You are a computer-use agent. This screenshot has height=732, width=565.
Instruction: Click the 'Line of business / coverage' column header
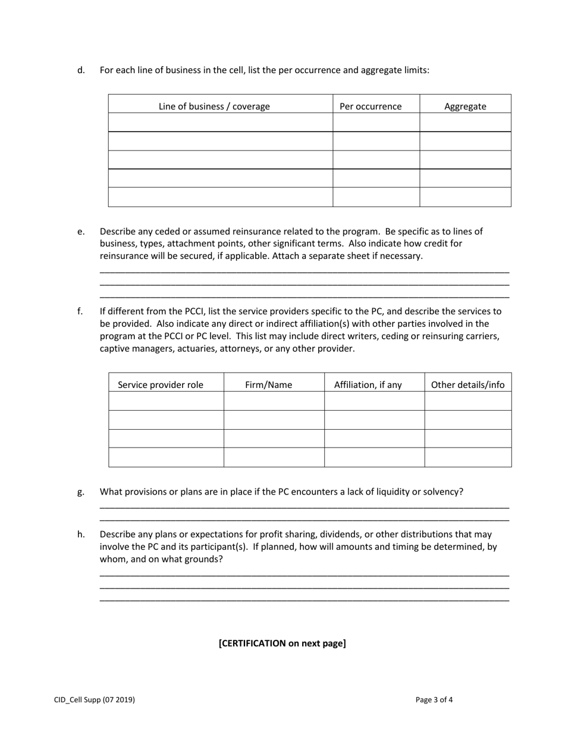[214, 107]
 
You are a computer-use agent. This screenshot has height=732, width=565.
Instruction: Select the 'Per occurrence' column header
[371, 107]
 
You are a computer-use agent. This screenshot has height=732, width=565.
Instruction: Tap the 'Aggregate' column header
[465, 107]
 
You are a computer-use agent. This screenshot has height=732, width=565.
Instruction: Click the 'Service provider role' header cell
[161, 384]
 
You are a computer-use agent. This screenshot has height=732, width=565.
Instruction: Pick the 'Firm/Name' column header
[269, 384]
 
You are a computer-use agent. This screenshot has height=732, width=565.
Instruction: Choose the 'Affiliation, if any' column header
[368, 384]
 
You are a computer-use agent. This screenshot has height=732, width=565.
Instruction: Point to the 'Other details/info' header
[467, 384]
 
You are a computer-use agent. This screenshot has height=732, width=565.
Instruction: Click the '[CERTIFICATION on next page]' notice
[282, 643]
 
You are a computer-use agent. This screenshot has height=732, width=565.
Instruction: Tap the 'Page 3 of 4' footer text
[434, 700]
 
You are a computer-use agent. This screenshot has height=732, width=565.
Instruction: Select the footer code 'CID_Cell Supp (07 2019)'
[95, 700]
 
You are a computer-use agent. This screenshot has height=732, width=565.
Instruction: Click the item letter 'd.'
[81, 70]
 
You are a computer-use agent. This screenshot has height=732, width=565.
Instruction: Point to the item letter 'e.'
[81, 232]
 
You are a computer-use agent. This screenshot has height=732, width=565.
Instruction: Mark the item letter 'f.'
[80, 311]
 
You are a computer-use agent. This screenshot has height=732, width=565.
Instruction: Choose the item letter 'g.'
[81, 492]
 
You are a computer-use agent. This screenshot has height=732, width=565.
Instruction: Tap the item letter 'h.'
[81, 534]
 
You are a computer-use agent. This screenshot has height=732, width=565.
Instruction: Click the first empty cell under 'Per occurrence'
[376, 123]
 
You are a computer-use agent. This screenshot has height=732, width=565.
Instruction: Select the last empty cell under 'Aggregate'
[465, 197]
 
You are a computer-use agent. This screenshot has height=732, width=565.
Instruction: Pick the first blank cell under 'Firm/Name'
[274, 401]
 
